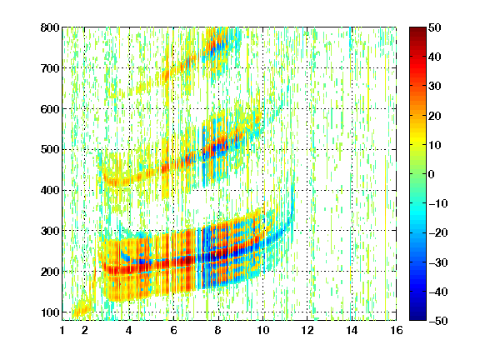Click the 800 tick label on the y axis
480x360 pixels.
pos(50,27)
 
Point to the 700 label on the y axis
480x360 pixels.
pos(50,68)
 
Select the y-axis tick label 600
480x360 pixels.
pos(50,109)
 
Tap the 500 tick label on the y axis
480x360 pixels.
pos(50,150)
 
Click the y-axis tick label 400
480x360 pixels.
pos(50,190)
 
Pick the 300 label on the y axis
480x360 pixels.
pos(50,231)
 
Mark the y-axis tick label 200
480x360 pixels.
pos(50,272)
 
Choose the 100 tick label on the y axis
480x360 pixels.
pos(50,312)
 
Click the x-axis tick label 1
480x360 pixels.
pos(62,330)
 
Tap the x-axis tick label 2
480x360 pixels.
pos(85,330)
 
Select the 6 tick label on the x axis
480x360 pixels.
pos(173,330)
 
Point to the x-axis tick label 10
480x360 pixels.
pos(262,330)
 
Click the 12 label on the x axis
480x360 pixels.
pos(307,330)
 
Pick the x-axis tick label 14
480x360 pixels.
pos(352,330)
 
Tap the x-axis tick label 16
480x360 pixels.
pos(397,330)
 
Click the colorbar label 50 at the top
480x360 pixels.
pos(435,27)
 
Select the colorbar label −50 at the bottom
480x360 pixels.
pos(438,321)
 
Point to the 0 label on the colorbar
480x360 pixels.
pos(432,174)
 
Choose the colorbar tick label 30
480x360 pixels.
pos(435,87)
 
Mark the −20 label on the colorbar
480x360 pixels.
pos(438,233)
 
